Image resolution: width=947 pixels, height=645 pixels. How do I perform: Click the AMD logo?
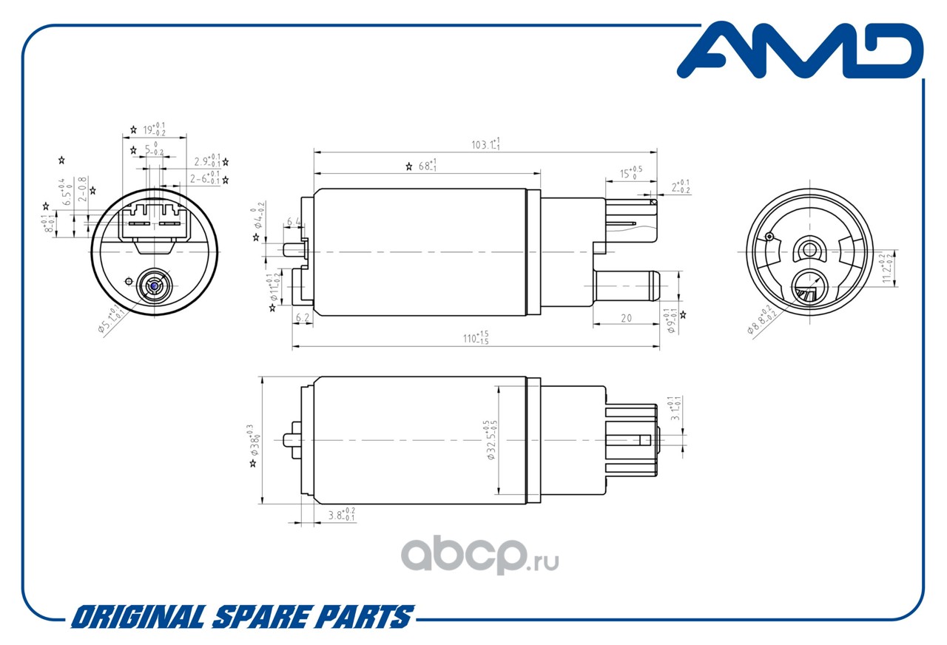click(x=800, y=52)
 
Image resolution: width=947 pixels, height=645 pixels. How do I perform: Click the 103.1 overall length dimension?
click(x=486, y=144)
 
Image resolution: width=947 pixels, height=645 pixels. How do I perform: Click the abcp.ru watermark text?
click(x=481, y=555)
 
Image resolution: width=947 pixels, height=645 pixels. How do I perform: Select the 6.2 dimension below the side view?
click(x=302, y=317)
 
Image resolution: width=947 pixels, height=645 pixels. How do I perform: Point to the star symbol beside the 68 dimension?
click(x=408, y=167)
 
